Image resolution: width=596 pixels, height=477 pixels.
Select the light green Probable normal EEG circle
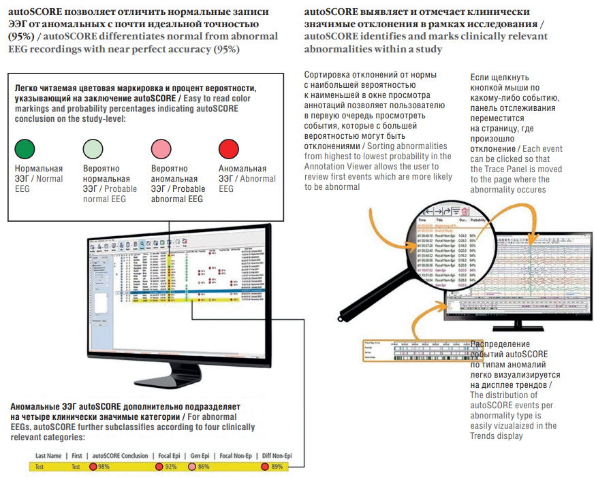(93, 149)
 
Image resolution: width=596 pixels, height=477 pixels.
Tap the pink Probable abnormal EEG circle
(161, 149)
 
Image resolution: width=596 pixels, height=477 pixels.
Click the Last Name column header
(48, 455)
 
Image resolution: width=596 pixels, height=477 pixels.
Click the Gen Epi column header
(200, 455)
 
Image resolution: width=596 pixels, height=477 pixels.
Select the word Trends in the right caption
(485, 436)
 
